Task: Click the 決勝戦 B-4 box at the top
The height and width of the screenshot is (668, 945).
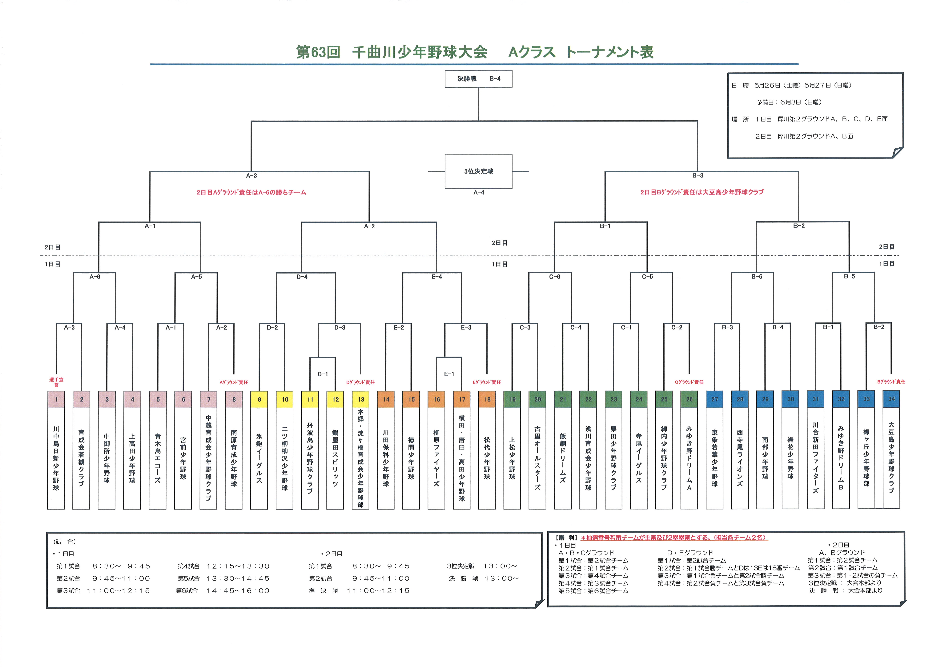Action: [478, 79]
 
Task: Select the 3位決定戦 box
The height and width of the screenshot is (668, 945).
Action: [478, 171]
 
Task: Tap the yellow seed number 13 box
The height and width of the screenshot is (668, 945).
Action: [360, 399]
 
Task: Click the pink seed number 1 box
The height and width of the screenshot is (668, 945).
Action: [56, 399]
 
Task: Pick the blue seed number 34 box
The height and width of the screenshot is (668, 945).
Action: [891, 399]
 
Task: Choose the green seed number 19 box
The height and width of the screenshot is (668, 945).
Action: [512, 399]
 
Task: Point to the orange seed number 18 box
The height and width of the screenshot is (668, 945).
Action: [487, 399]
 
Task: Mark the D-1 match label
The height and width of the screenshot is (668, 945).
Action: [323, 374]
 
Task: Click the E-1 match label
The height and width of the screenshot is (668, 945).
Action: [449, 374]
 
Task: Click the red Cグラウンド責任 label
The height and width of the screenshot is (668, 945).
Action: [689, 382]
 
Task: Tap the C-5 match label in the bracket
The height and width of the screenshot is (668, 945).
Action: [647, 277]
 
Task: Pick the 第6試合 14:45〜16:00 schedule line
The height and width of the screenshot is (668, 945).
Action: [223, 591]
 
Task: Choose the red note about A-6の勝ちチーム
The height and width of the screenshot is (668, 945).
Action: [251, 192]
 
